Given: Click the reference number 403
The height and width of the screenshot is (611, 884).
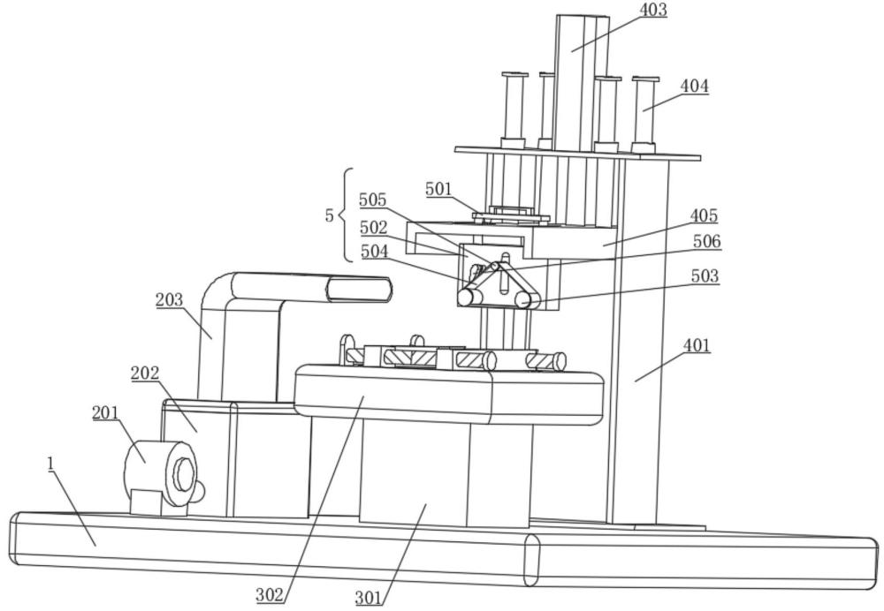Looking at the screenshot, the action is point(653,10).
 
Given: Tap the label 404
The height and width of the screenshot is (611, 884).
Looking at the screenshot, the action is point(694,87).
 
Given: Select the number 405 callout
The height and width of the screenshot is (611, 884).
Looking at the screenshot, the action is point(704,215).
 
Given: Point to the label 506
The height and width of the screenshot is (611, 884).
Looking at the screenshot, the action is point(706,242).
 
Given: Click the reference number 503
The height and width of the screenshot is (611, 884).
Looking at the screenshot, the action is point(705,276).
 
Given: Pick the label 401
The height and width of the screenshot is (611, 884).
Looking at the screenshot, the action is point(697,345).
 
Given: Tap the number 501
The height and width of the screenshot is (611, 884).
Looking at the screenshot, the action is point(438,189).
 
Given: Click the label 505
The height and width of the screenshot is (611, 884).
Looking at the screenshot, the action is point(373,200).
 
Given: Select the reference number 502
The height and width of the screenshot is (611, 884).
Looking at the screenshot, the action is point(374,228).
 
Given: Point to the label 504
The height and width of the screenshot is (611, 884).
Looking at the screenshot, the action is point(374,252).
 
